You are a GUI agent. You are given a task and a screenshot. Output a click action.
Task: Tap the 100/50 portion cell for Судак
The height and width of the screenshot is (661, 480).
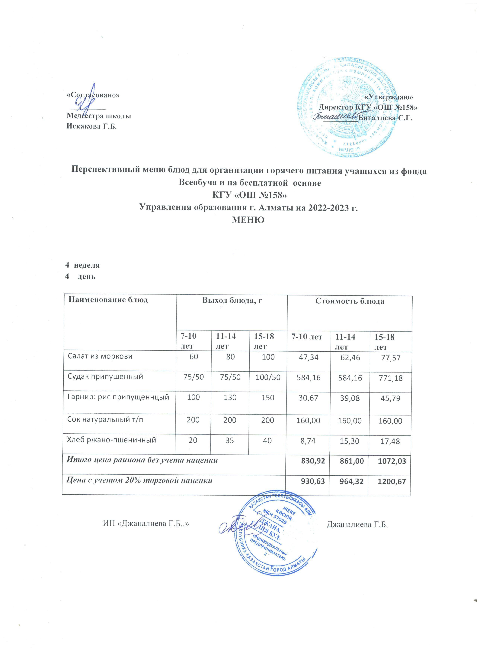click(x=268, y=377)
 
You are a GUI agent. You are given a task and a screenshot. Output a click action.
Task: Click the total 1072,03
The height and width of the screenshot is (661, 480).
click(x=390, y=461)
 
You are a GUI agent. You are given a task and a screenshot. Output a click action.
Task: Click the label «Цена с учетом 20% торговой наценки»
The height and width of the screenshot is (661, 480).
click(x=139, y=481)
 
